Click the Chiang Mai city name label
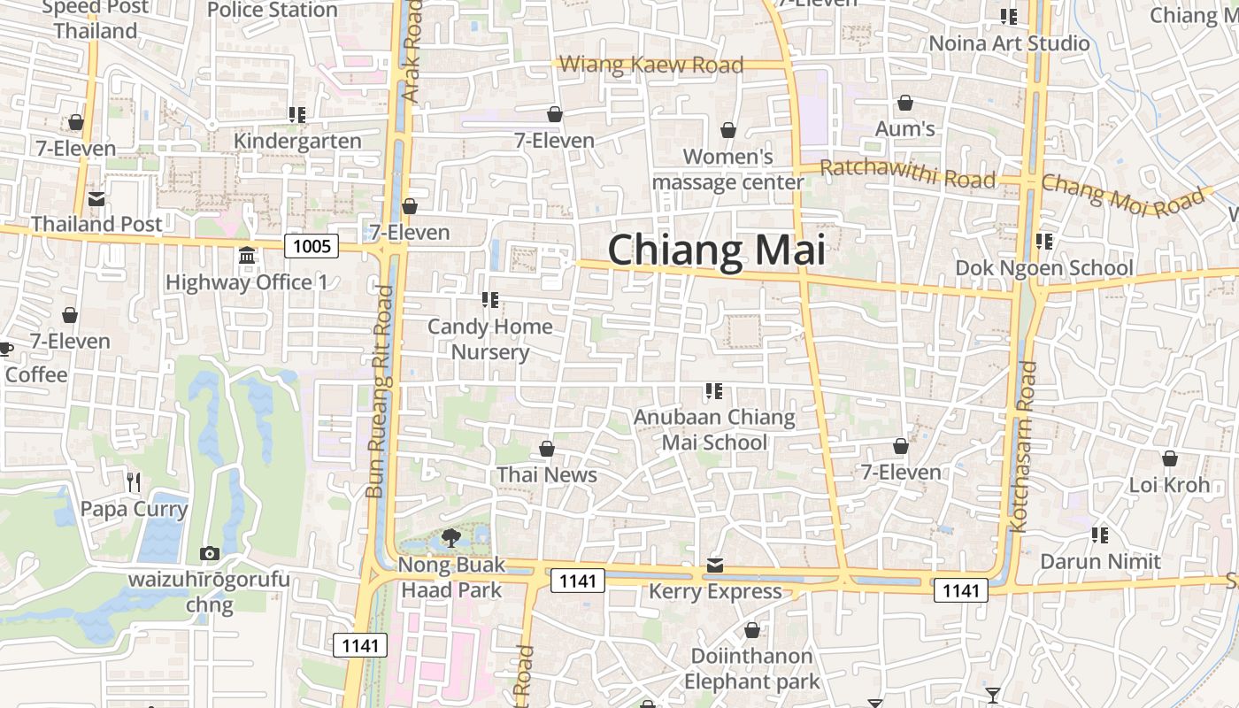(x=716, y=250)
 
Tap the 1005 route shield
(x=312, y=245)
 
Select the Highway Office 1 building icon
(x=247, y=256)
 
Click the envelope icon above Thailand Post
(x=96, y=199)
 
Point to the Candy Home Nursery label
(x=490, y=339)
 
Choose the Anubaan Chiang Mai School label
(x=715, y=429)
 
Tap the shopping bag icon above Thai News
(x=547, y=450)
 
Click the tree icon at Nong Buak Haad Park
(x=450, y=537)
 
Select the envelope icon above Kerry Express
(x=715, y=566)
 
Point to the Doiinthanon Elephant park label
(x=751, y=669)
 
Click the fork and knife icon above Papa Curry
(x=134, y=482)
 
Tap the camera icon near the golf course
(x=210, y=554)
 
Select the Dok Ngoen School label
(x=1043, y=268)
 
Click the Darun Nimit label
(x=1100, y=562)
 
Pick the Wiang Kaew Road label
(x=652, y=65)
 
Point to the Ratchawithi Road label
(x=907, y=174)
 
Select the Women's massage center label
(x=728, y=169)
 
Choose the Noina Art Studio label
(x=1009, y=43)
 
